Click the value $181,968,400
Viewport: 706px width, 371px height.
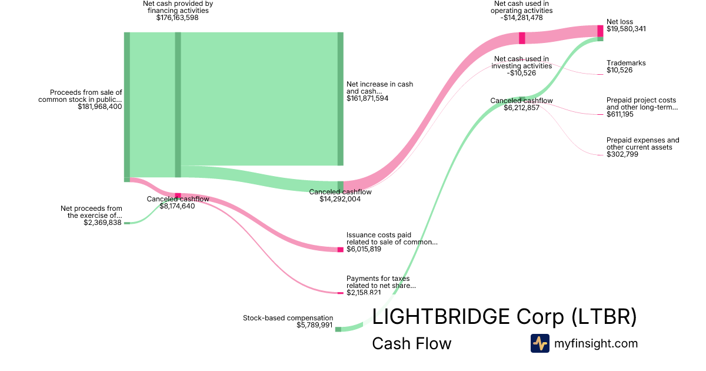pos(99,107)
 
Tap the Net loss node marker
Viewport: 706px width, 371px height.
pos(601,31)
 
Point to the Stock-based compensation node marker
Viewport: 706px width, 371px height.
pos(338,329)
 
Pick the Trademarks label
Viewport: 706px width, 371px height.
pos(625,63)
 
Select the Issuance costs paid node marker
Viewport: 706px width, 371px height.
pos(340,250)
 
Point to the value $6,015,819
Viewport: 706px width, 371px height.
pos(364,249)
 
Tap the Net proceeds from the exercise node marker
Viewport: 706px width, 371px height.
pos(126,223)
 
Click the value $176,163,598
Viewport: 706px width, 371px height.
pos(177,18)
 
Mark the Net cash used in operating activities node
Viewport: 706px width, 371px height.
pos(522,38)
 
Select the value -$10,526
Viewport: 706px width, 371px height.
pos(522,73)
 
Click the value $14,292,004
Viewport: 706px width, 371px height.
pos(340,199)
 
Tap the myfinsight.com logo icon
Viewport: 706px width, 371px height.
pos(540,343)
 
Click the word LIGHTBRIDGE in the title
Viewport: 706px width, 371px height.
pos(441,317)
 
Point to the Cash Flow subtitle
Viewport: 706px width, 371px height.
pos(411,343)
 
